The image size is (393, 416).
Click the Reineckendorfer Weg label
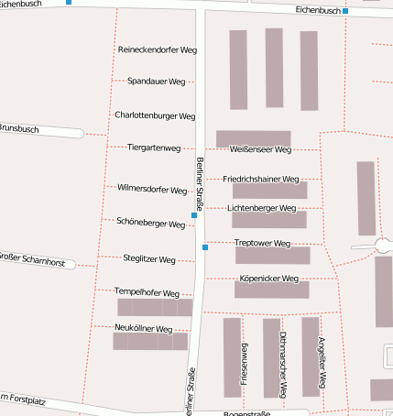(158, 49)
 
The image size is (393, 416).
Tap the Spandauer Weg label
(157, 82)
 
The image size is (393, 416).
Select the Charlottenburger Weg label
(155, 116)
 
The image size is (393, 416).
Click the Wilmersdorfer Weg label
(152, 189)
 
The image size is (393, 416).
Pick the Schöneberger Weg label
(151, 223)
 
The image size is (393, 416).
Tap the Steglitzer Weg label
(148, 259)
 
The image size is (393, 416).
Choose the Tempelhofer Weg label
(147, 291)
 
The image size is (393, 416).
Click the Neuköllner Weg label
(144, 328)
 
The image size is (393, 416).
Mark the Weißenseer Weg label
(261, 148)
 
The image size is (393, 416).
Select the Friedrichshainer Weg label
(261, 179)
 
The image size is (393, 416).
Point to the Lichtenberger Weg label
(262, 208)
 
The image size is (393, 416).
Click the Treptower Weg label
(262, 243)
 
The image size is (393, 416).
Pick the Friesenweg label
(244, 362)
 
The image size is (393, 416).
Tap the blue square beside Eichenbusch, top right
(345, 11)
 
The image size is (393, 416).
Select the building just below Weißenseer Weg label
(269, 191)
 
